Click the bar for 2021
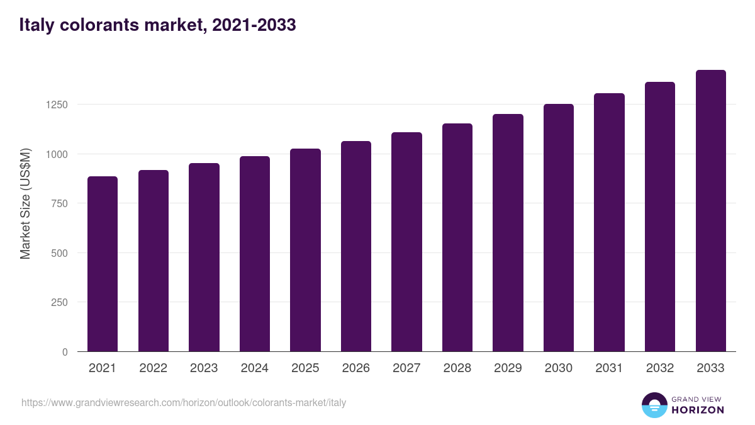click(x=103, y=264)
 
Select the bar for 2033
click(x=710, y=211)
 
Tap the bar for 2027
click(x=406, y=242)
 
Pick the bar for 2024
click(x=255, y=254)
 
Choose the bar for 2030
click(x=559, y=228)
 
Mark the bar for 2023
click(x=204, y=257)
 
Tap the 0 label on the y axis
click(x=65, y=352)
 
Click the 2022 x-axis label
click(x=153, y=368)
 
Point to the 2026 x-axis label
click(x=355, y=368)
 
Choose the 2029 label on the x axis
click(x=508, y=368)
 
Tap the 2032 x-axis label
click(x=659, y=368)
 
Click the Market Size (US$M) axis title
click(x=25, y=203)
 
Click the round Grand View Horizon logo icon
click(x=654, y=405)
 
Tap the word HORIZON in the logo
click(x=698, y=410)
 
